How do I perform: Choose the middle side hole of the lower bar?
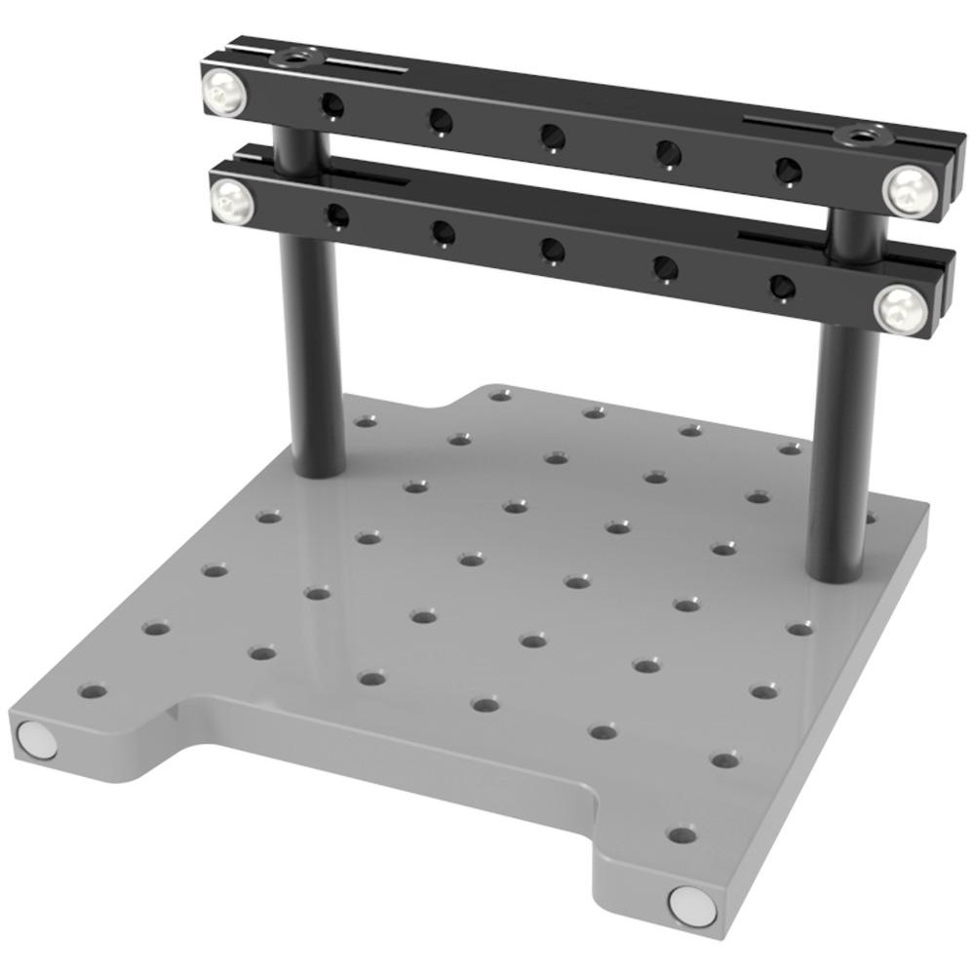coord(553,250)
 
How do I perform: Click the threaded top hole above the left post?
coord(290,59)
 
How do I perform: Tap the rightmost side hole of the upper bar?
coord(787,170)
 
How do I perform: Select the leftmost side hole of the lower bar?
coord(338,214)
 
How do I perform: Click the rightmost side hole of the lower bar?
coord(782,287)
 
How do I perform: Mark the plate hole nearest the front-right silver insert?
coord(682,835)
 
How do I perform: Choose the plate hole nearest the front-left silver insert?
coord(93,692)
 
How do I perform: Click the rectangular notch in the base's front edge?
coord(390,770)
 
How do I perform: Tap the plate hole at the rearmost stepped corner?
coord(500,395)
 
